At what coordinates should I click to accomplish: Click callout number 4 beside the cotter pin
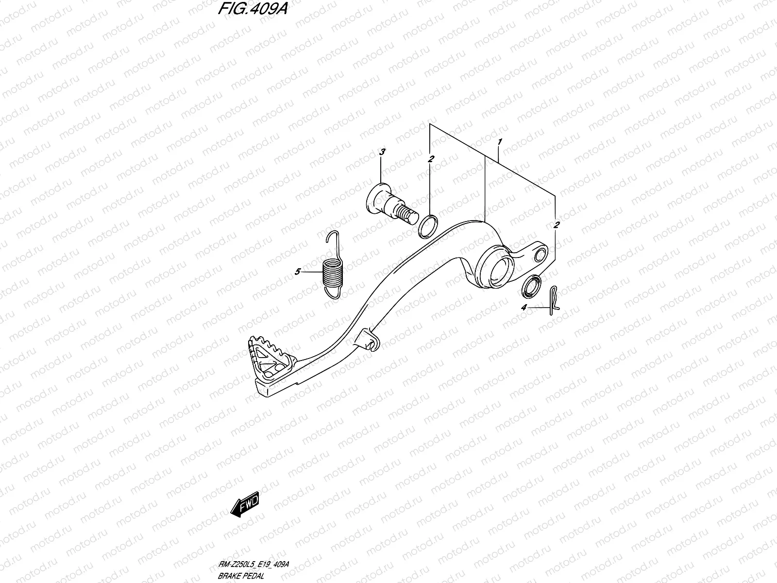(524, 308)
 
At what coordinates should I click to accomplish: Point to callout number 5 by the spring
(297, 272)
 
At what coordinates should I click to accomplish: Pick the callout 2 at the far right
(557, 225)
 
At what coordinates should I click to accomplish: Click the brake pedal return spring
(332, 273)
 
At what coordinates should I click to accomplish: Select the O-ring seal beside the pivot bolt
(427, 227)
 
